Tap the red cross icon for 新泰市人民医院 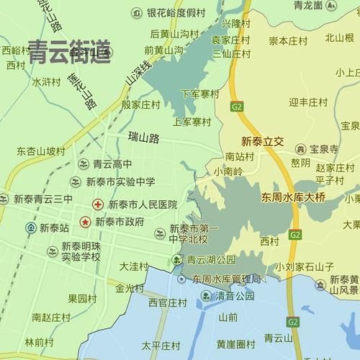[x=98, y=205]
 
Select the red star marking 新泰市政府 [x=86, y=221]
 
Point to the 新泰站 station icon [x=31, y=228]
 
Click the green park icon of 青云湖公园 [x=176, y=260]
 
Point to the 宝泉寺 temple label [x=324, y=149]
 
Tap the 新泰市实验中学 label [x=120, y=181]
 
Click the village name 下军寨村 [x=200, y=94]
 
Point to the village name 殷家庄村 [x=140, y=104]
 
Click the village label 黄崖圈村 [x=235, y=344]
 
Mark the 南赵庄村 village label [x=50, y=317]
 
